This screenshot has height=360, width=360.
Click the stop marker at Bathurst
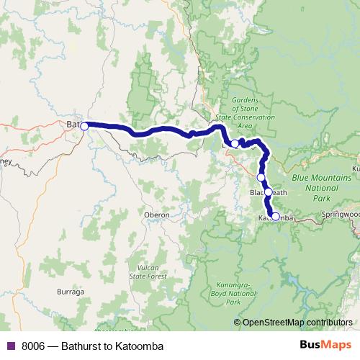point(84,126)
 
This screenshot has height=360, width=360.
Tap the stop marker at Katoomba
point(275,216)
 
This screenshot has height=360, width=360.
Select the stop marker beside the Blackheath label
point(268,192)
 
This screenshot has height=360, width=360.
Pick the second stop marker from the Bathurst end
point(235,144)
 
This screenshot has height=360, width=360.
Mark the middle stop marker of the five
point(261,177)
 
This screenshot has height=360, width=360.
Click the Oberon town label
point(156,215)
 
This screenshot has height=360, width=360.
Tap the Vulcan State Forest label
point(143,271)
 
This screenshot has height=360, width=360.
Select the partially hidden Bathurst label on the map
point(73,125)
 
